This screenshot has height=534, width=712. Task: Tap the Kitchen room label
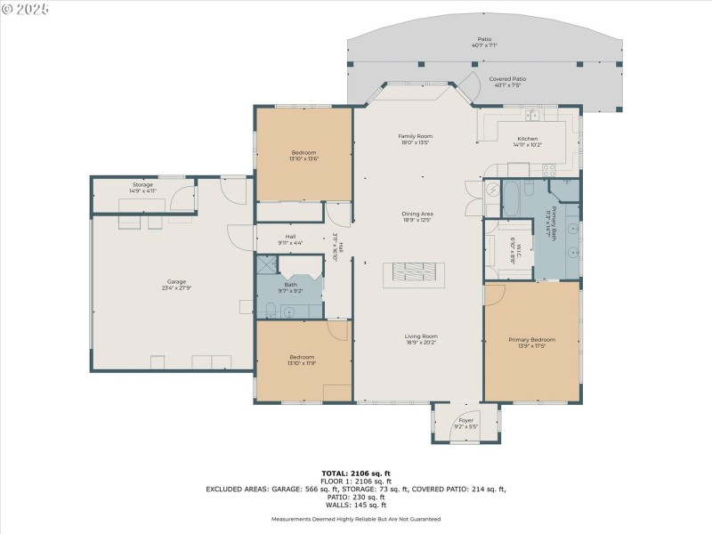click(528, 139)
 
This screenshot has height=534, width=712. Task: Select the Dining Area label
click(417, 214)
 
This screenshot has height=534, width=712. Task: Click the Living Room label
click(421, 336)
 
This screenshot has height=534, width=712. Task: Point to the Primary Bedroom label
click(531, 340)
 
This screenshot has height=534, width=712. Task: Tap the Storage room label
click(143, 184)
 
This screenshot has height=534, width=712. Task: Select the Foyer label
click(465, 420)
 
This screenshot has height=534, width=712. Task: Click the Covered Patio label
click(507, 79)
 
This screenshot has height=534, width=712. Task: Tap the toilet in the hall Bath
click(270, 310)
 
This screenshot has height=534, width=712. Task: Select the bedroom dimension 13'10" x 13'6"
click(303, 159)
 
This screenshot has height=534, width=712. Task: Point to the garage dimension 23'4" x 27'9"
click(174, 287)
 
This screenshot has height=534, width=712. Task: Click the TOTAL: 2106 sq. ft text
click(356, 473)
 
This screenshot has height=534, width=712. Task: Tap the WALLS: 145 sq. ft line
click(356, 506)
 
